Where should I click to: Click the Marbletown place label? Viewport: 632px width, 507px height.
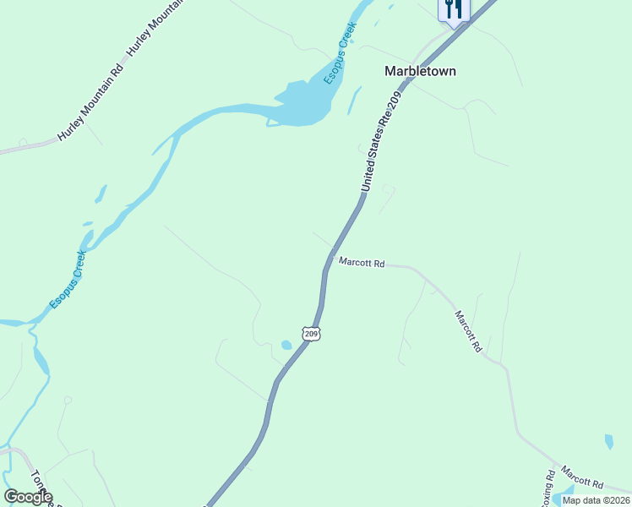coord(420,71)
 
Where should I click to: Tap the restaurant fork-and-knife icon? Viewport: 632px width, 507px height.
coord(454,9)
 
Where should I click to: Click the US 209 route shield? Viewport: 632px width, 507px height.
coord(312,334)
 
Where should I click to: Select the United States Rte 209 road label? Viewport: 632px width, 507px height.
coord(379,142)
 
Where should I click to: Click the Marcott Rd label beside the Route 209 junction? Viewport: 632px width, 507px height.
coord(362,264)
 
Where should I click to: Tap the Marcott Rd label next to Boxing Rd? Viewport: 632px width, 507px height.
coord(582,480)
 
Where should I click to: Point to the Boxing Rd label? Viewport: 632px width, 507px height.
coord(548,488)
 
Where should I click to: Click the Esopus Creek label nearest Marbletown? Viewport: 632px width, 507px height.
coord(341,52)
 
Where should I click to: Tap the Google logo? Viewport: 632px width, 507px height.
coord(27,497)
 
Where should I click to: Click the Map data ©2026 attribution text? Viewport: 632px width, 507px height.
coord(597,500)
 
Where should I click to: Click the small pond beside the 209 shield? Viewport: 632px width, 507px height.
coord(286,345)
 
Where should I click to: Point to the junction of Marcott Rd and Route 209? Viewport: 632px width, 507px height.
coord(332,256)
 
